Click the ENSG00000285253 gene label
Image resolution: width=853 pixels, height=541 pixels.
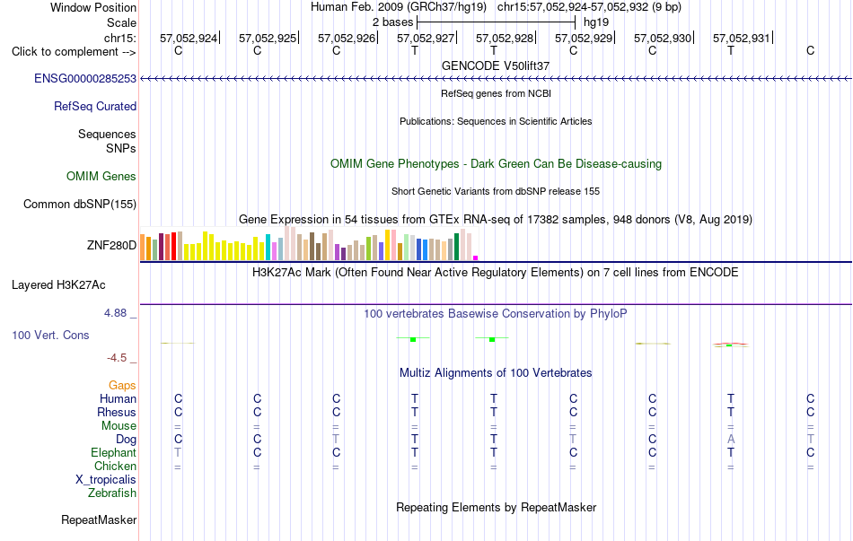point(85,78)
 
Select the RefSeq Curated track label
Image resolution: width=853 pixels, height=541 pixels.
point(95,106)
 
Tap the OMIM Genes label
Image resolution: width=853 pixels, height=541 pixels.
point(101,176)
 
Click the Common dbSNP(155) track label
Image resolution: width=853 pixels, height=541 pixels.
point(80,205)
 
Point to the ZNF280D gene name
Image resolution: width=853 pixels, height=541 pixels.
point(111,245)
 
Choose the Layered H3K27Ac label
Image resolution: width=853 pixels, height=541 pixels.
point(58,285)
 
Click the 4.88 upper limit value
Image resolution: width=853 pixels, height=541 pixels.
point(115,313)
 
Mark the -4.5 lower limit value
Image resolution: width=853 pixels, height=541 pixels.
point(117,358)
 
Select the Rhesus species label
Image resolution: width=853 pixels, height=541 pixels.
point(117,412)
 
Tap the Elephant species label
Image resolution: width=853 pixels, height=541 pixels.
point(114,452)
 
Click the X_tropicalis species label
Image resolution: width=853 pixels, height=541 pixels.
point(106,480)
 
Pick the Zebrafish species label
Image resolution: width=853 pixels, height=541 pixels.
point(112,493)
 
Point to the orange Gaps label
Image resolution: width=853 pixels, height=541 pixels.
point(122,385)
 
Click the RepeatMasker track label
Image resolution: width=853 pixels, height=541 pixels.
point(99,519)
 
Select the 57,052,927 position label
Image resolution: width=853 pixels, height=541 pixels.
point(426,38)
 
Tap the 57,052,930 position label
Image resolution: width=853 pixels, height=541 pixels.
point(663,38)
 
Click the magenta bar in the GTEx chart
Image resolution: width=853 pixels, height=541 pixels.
point(476,257)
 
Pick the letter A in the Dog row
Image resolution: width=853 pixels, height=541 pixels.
point(731,439)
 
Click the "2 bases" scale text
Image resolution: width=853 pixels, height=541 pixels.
point(392,22)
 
